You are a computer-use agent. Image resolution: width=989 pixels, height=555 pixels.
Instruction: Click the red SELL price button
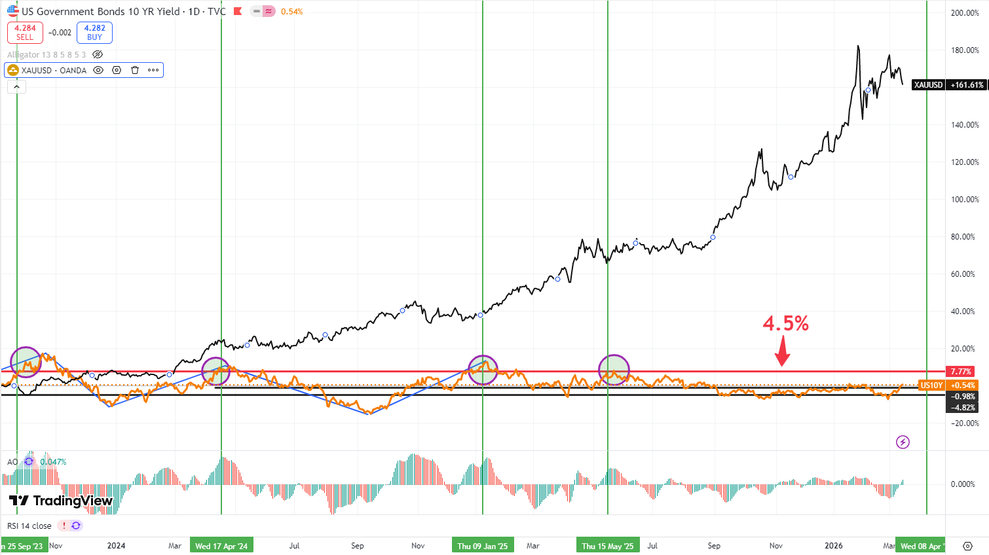click(25, 33)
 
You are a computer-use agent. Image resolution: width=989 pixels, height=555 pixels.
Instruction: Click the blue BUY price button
click(94, 33)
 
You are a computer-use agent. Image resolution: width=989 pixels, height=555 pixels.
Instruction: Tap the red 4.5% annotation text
click(785, 323)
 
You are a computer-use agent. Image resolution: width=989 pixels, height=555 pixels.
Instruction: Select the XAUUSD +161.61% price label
click(948, 85)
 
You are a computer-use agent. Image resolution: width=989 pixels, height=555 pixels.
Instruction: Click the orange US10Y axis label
click(931, 385)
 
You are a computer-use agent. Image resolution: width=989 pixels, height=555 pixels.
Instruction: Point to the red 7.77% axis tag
click(961, 371)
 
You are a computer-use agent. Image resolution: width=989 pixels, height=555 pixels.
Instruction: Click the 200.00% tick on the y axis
click(965, 13)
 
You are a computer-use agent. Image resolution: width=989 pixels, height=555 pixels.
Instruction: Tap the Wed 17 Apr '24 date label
click(221, 546)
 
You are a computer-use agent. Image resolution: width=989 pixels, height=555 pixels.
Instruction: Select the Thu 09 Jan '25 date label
click(483, 546)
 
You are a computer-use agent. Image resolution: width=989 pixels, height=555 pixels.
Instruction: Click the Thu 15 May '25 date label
click(608, 546)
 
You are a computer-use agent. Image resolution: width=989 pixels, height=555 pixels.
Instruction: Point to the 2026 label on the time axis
click(834, 546)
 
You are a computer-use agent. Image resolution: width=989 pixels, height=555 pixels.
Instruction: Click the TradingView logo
click(61, 501)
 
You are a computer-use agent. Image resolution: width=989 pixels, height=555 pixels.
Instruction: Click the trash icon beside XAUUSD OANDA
click(135, 70)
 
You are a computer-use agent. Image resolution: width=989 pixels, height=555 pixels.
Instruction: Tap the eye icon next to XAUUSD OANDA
click(98, 70)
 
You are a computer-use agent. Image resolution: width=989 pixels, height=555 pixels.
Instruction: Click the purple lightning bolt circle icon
click(903, 442)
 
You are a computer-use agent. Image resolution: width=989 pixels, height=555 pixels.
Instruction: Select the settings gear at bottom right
click(967, 546)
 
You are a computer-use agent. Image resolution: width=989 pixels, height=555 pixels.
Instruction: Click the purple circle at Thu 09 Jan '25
click(483, 370)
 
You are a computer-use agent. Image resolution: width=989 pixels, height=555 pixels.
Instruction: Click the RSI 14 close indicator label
click(29, 526)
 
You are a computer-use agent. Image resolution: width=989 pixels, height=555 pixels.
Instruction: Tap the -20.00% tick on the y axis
click(965, 423)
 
